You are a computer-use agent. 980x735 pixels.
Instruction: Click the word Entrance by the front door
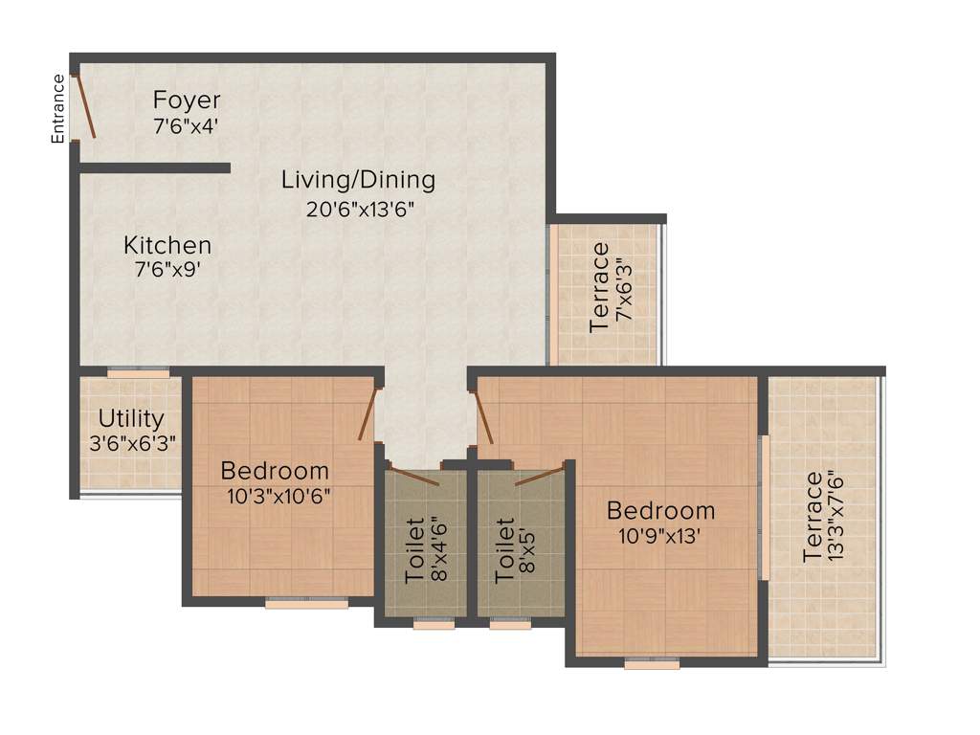pyautogui.click(x=58, y=109)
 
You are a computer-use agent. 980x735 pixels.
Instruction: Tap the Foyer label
pyautogui.click(x=187, y=100)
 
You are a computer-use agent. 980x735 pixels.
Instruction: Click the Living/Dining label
pyautogui.click(x=358, y=179)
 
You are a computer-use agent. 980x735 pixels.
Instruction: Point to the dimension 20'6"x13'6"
pyautogui.click(x=360, y=208)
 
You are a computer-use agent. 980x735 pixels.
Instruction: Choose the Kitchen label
pyautogui.click(x=167, y=246)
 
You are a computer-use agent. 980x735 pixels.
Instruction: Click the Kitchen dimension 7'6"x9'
pyautogui.click(x=167, y=271)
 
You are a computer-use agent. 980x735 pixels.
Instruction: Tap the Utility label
pyautogui.click(x=131, y=419)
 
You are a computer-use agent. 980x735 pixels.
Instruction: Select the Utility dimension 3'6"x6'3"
pyautogui.click(x=131, y=443)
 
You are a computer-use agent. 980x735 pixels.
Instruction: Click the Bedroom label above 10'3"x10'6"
pyautogui.click(x=275, y=471)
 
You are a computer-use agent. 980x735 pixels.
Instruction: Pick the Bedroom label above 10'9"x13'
pyautogui.click(x=660, y=510)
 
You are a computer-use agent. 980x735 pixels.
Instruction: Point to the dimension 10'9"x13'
pyautogui.click(x=660, y=536)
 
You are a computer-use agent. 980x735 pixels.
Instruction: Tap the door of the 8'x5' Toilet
pyautogui.click(x=538, y=476)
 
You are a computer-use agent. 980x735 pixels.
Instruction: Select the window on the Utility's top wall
pyautogui.click(x=138, y=373)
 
